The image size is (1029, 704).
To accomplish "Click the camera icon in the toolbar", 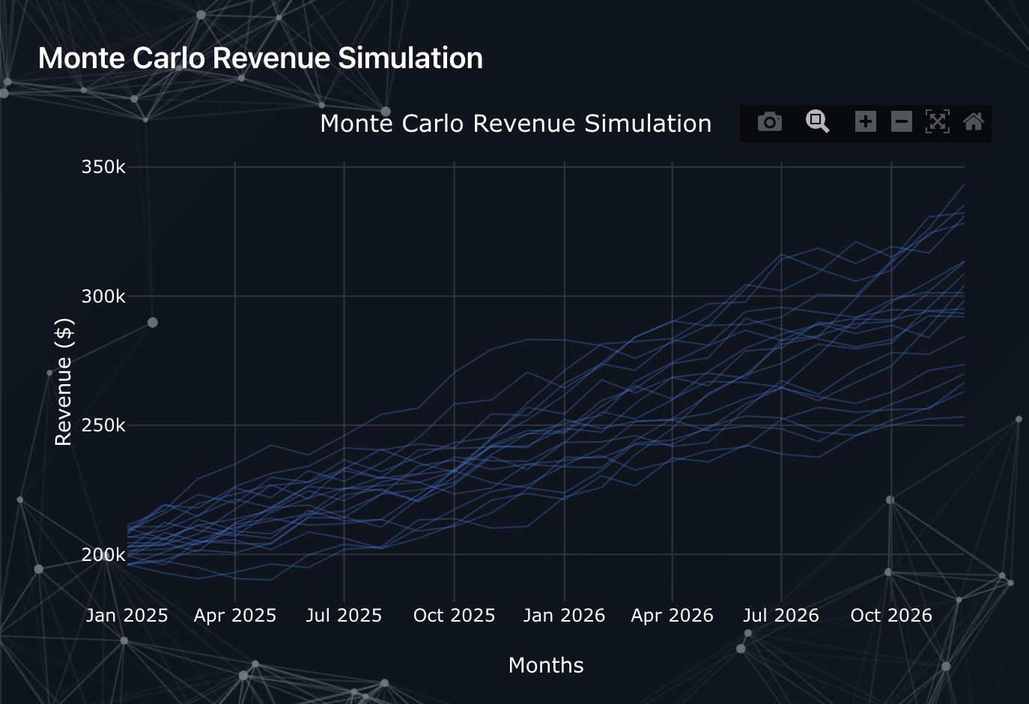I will (769, 122).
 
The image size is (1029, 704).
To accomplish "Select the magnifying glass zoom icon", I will (817, 121).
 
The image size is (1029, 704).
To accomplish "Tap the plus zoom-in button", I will (865, 121).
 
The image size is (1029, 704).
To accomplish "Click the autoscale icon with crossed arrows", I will (937, 121).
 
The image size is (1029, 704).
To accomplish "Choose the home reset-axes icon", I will (973, 121).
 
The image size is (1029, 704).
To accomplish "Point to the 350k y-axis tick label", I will (103, 167).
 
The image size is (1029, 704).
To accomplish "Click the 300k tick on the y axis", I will (103, 297).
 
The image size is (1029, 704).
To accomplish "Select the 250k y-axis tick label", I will (103, 425).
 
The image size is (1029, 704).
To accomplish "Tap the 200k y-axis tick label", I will (103, 555).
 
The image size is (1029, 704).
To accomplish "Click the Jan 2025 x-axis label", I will (127, 616).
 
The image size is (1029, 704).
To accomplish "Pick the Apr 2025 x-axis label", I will (235, 616).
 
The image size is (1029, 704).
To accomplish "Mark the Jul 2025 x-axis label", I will (344, 616).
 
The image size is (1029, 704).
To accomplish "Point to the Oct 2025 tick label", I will (454, 616).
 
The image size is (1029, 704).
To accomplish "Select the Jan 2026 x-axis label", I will (564, 616).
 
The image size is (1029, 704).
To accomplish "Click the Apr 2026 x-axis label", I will (672, 616).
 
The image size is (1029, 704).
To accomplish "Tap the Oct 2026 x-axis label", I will (891, 616).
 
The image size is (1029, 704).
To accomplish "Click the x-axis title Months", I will (546, 666).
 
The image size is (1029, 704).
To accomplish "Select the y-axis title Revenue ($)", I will (64, 382).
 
